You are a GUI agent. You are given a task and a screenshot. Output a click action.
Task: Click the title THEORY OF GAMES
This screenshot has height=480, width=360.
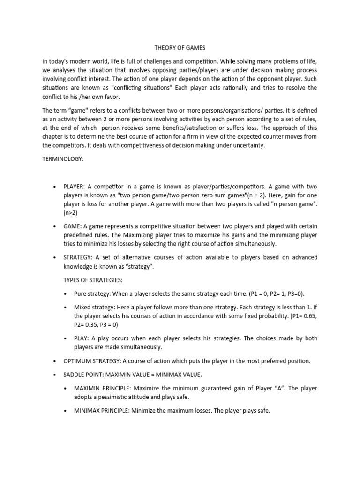click(x=180, y=48)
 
